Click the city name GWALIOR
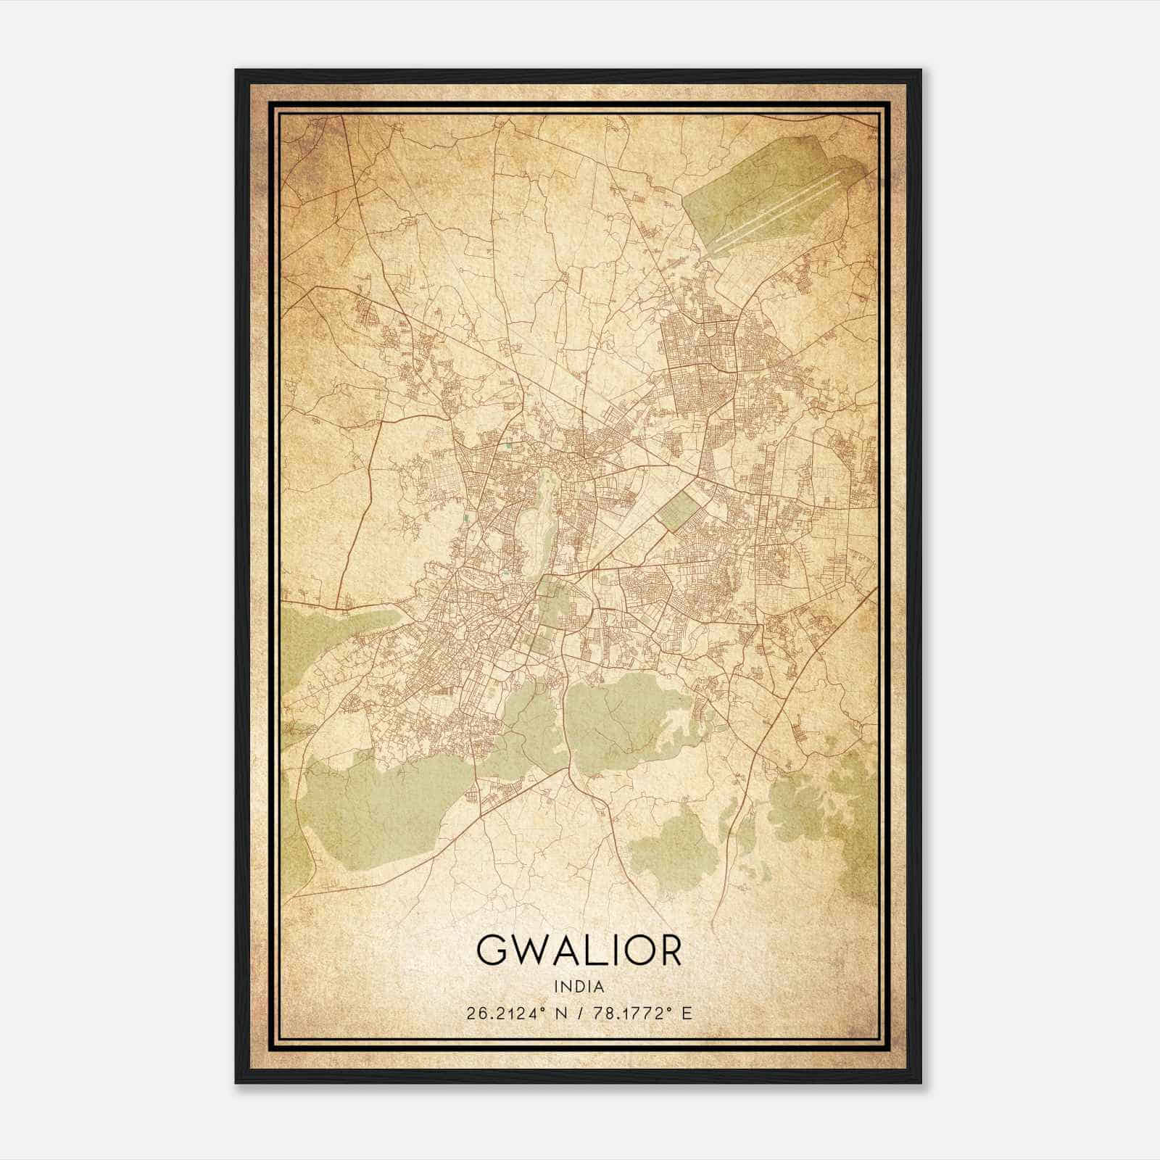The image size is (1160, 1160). click(579, 950)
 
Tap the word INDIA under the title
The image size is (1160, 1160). click(579, 986)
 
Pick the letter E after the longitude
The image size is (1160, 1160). click(687, 1013)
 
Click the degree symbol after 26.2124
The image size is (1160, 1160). click(539, 1008)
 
